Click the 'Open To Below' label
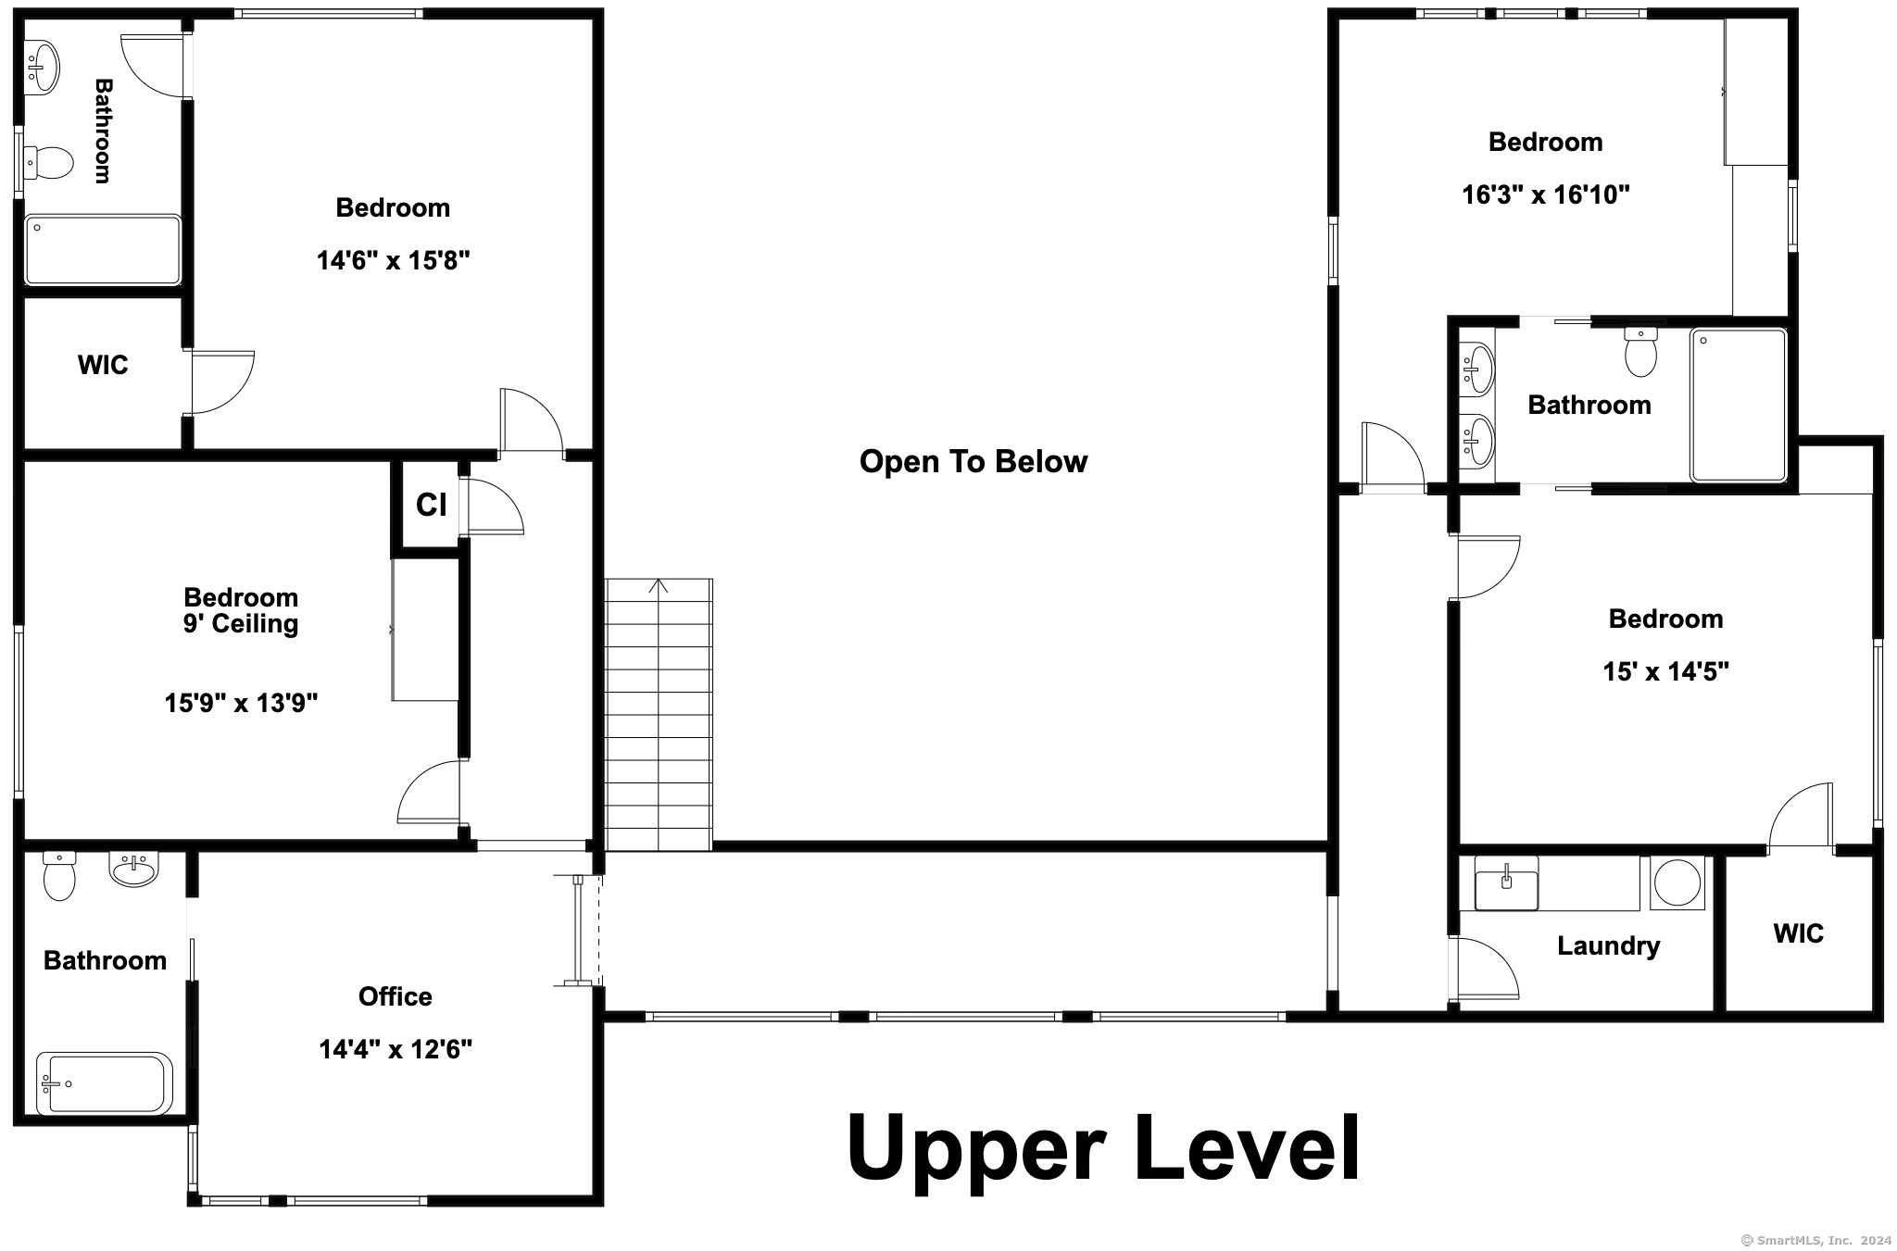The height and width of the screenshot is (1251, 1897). coord(973,461)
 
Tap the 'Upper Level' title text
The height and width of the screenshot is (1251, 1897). coord(1103,1148)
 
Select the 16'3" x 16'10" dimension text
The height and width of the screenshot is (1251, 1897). coord(1545,195)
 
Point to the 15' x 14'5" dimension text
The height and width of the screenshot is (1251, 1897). coord(1665,671)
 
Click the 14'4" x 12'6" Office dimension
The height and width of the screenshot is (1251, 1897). coord(396,1049)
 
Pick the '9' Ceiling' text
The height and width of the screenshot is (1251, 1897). coord(241,623)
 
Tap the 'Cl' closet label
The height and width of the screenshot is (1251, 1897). coord(432,505)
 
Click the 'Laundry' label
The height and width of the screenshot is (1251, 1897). coord(1608,945)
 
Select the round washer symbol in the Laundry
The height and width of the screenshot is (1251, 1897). coord(1677,882)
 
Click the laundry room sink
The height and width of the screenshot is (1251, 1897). coord(1506,883)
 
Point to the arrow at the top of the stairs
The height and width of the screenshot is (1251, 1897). coord(659,586)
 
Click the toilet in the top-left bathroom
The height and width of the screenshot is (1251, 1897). coord(48,164)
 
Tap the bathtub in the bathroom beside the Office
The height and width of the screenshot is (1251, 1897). coord(105,1082)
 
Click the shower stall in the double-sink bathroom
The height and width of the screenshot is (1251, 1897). coord(1738,405)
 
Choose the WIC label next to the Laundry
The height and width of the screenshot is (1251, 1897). coord(1798,933)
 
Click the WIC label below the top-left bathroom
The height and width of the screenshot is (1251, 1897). coord(103,365)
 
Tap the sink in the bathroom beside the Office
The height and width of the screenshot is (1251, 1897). coord(134,869)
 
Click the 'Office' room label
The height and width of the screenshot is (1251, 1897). coord(396,996)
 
